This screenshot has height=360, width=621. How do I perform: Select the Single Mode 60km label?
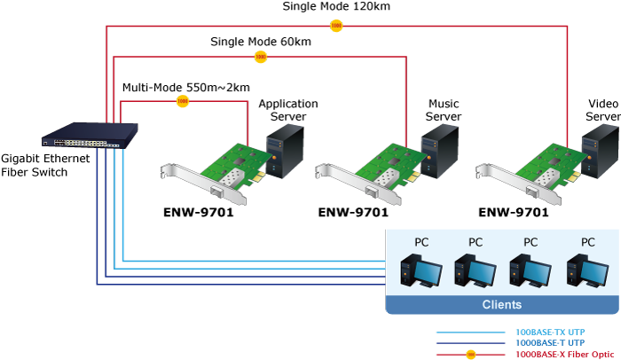(x=261, y=41)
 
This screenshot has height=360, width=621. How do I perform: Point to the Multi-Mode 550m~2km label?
(x=185, y=87)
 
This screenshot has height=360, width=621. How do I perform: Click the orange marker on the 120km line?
(x=336, y=27)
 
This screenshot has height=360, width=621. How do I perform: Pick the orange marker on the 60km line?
(x=261, y=58)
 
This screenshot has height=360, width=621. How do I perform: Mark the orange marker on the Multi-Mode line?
(x=183, y=102)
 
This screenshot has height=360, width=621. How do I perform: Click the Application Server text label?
(x=287, y=110)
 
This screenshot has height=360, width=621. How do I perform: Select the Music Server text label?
(x=443, y=110)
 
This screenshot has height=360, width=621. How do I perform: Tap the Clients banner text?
(x=501, y=305)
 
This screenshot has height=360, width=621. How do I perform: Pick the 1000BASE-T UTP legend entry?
(x=550, y=342)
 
